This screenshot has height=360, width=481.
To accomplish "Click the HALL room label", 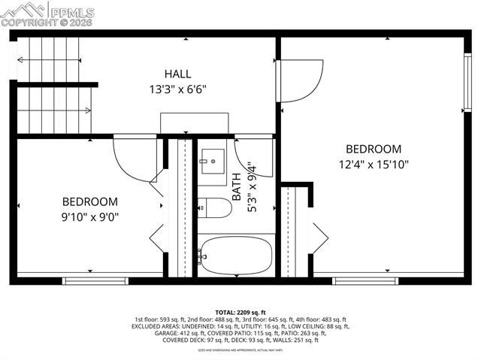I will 178,74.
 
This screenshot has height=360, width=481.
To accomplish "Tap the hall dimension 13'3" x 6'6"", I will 178,88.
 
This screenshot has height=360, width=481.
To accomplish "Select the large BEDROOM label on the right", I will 374,149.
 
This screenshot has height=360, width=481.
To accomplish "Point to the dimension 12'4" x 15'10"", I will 374,163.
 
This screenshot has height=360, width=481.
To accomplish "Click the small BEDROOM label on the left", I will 89,201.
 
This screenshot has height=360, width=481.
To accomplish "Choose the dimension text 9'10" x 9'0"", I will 89,216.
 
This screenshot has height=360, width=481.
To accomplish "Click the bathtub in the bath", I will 234,256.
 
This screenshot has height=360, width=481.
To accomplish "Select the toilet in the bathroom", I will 216,207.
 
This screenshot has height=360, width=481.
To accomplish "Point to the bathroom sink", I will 211,160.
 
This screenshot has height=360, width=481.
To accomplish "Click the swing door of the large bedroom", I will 301,79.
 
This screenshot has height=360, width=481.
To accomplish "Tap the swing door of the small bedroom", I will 135,158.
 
